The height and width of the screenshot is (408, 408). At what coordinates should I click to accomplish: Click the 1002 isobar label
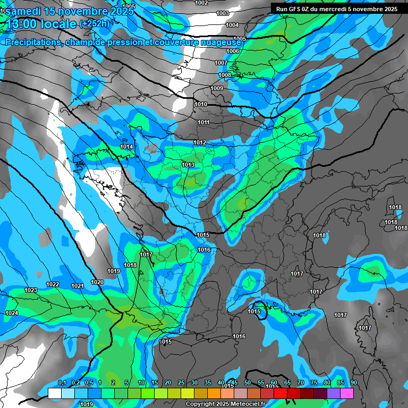pyautogui.click(x=202, y=3)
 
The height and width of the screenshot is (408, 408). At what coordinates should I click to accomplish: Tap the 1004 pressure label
pyautogui.click(x=232, y=25)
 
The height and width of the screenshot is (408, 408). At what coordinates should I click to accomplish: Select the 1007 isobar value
pyautogui.click(x=221, y=63)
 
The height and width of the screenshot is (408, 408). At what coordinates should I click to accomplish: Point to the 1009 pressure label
pyautogui.click(x=217, y=88)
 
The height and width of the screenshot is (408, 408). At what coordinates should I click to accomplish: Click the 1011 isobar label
pyautogui.click(x=204, y=122)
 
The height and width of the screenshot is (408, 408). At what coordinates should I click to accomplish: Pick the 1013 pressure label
pyautogui.click(x=188, y=165)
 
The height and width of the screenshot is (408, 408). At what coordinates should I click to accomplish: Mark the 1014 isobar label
pyautogui.click(x=126, y=147)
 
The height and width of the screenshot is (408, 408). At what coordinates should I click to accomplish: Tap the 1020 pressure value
pyautogui.click(x=97, y=282)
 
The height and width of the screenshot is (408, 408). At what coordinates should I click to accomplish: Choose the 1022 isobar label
pyautogui.click(x=53, y=284)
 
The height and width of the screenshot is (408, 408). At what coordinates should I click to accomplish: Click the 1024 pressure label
pyautogui.click(x=12, y=313)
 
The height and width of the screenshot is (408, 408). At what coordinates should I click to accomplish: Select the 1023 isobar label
pyautogui.click(x=31, y=290)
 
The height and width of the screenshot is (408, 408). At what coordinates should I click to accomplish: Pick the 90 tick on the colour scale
pyautogui.click(x=353, y=382)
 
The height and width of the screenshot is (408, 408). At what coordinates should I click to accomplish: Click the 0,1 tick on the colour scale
pyautogui.click(x=62, y=382)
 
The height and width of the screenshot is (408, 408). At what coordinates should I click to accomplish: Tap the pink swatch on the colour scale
pyautogui.click(x=347, y=393)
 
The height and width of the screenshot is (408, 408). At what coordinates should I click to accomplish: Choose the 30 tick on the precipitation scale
pyautogui.click(x=194, y=382)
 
